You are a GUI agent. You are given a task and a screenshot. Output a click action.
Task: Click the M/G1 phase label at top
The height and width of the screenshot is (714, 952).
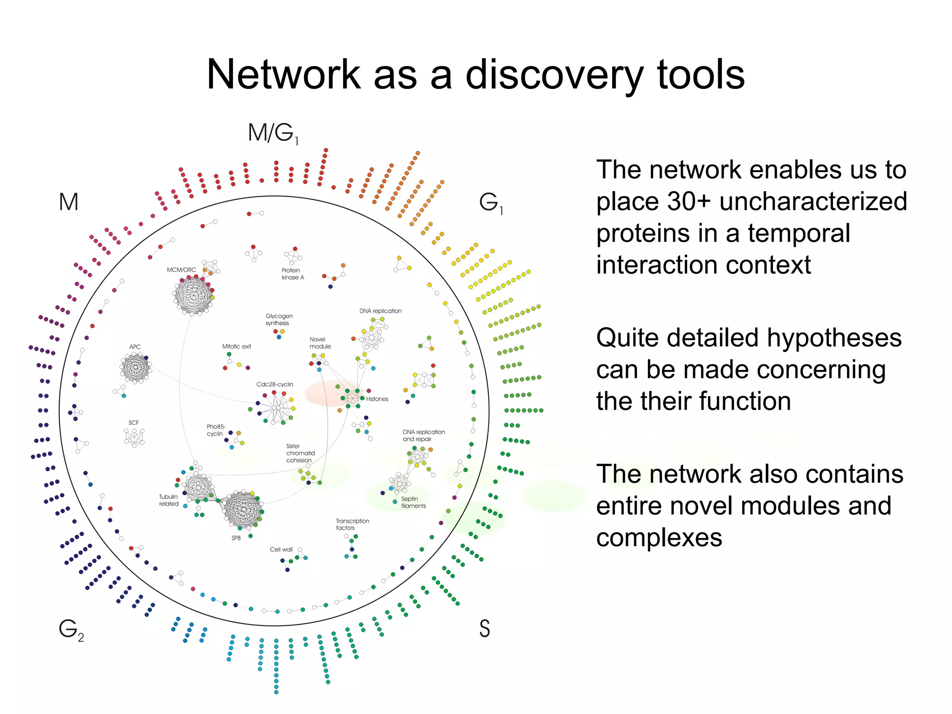(273, 133)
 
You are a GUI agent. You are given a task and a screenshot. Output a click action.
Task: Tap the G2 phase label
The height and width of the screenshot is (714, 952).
(71, 630)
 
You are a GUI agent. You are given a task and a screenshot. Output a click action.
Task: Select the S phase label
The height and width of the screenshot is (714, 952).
(484, 628)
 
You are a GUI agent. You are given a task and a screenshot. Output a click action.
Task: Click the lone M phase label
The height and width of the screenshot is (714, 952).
(68, 202)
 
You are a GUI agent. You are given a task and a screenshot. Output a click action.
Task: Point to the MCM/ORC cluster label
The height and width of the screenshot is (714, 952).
(181, 270)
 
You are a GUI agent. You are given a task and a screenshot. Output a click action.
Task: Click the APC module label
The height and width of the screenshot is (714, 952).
(135, 347)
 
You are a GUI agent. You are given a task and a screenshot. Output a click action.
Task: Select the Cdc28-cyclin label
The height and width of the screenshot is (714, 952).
(275, 384)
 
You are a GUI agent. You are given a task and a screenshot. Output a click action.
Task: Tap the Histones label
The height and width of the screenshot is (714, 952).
(377, 399)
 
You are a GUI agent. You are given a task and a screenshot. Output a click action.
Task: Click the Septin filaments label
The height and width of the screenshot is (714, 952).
(413, 502)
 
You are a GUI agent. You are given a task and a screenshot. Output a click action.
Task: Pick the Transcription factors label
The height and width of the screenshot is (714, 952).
(352, 524)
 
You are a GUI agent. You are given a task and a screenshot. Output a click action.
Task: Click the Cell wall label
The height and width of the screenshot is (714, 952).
(281, 549)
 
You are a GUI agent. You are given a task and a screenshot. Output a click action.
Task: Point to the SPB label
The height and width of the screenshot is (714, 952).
(236, 538)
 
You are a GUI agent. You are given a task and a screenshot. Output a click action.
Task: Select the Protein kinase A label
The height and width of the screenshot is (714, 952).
(292, 274)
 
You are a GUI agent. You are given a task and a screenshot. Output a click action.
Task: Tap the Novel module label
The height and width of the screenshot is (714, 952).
(320, 343)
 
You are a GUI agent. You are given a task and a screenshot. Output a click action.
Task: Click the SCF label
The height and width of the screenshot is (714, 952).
(133, 423)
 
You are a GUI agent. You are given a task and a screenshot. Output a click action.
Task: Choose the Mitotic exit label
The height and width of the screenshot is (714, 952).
(236, 346)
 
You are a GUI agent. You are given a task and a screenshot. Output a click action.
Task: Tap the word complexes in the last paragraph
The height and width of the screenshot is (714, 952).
(659, 538)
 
